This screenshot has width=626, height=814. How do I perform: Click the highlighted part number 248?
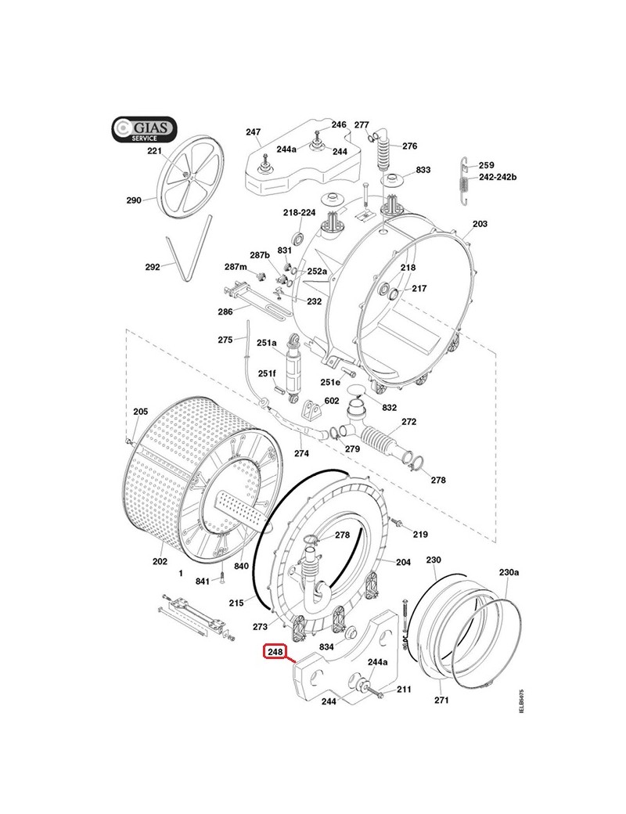coord(275,651)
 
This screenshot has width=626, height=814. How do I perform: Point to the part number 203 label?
coord(480,225)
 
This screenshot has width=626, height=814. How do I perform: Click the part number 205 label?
coord(140,412)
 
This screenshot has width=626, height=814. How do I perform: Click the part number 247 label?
coord(253,132)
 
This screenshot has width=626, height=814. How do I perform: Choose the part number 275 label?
coord(225,340)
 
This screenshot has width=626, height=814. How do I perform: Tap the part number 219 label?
coord(421,535)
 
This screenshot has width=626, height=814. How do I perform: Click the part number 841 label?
coord(203,581)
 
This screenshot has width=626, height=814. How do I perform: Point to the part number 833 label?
coord(423,170)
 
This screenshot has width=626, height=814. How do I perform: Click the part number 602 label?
coord(332,401)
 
